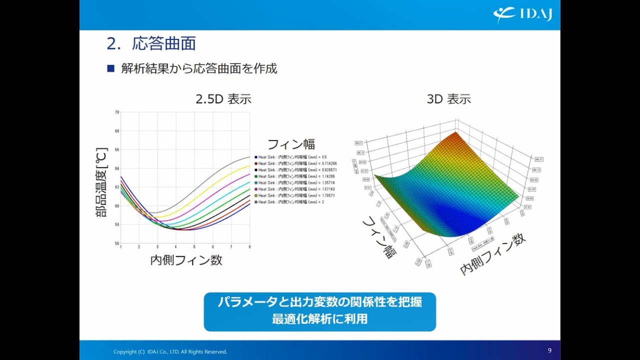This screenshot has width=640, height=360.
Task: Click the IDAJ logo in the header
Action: pyautogui.click(x=522, y=14)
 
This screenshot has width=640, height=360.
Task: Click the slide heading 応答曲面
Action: pyautogui.click(x=163, y=43)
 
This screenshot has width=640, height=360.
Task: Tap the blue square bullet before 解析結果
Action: pyautogui.click(x=111, y=68)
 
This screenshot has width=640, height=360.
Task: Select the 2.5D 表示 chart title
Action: pyautogui.click(x=223, y=99)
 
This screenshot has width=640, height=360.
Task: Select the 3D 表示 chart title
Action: pyautogui.click(x=448, y=99)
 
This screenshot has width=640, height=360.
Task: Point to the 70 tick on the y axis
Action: pyautogui.click(x=116, y=112)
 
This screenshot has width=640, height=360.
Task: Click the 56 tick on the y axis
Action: pyautogui.click(x=116, y=243)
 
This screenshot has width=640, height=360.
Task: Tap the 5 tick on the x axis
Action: pyautogui.click(x=194, y=247)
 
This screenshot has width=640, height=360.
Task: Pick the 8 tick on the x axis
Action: pyautogui.click(x=249, y=247)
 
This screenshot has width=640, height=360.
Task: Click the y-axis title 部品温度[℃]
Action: pyautogui.click(x=101, y=182)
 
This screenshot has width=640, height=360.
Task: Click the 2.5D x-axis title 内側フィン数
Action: pyautogui.click(x=186, y=260)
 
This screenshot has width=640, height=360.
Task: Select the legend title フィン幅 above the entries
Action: pyautogui.click(x=291, y=144)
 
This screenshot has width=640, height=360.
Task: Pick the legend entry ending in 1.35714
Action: pyautogui.click(x=295, y=183)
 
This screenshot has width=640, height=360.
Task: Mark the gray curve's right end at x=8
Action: pyautogui.click(x=249, y=157)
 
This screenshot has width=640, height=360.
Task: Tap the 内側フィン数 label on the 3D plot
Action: pyautogui.click(x=492, y=254)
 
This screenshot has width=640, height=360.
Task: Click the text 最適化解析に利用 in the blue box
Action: pyautogui.click(x=319, y=319)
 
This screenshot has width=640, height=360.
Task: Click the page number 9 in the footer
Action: pyautogui.click(x=549, y=350)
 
